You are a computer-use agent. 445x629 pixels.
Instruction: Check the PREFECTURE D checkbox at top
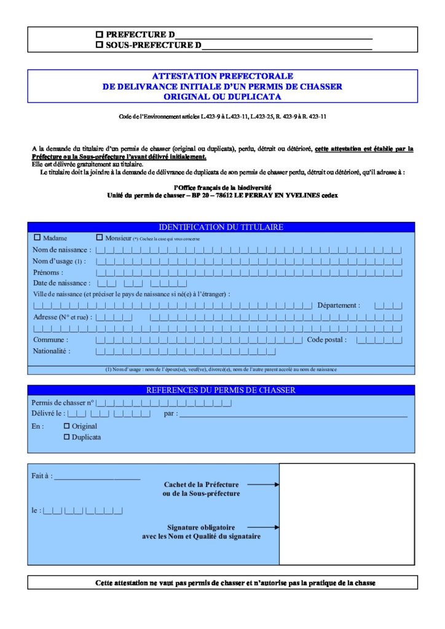[100, 35]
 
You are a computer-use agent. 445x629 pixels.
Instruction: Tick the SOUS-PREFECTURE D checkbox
[100, 45]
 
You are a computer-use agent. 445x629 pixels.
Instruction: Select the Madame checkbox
[37, 237]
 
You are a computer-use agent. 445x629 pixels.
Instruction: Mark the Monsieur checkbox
[100, 237]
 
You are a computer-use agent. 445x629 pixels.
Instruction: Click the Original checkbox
[67, 426]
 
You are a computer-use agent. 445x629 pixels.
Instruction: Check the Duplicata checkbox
[67, 437]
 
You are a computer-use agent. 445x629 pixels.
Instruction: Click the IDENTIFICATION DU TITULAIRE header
[221, 227]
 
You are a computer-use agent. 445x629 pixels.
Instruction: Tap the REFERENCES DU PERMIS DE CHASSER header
[221, 390]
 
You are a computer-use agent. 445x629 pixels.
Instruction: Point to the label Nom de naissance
[61, 250]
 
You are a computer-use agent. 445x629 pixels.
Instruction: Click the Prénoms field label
[48, 272]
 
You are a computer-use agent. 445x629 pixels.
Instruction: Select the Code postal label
[327, 340]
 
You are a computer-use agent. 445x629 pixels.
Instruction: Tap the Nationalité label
[52, 351]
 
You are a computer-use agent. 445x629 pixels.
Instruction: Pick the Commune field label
[50, 340]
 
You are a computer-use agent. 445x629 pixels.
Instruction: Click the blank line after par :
[293, 416]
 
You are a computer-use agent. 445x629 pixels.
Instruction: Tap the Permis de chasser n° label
[63, 402]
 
